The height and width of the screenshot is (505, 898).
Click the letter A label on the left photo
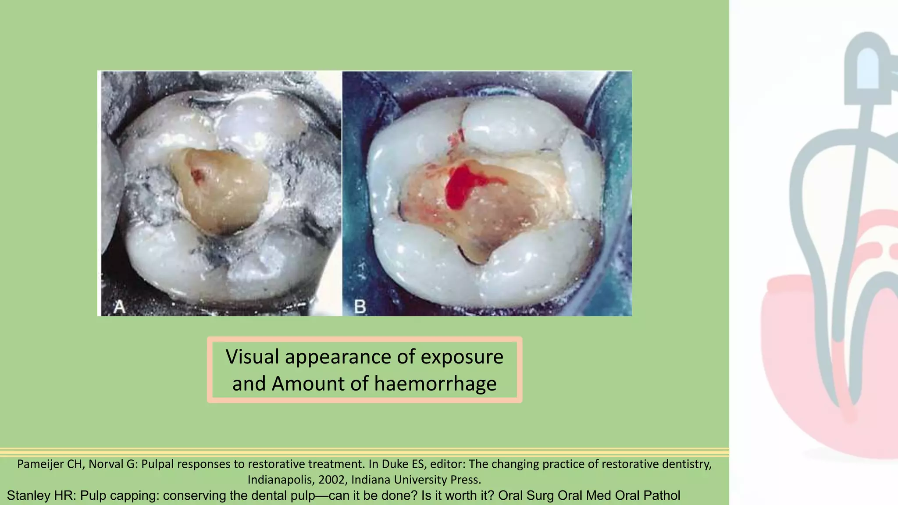[119, 306]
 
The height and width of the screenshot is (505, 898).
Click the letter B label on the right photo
[360, 306]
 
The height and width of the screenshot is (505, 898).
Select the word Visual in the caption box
[252, 357]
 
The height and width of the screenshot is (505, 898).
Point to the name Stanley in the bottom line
[29, 495]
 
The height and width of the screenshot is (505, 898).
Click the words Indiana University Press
[416, 480]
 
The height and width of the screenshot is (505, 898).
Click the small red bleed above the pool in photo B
[456, 138]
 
